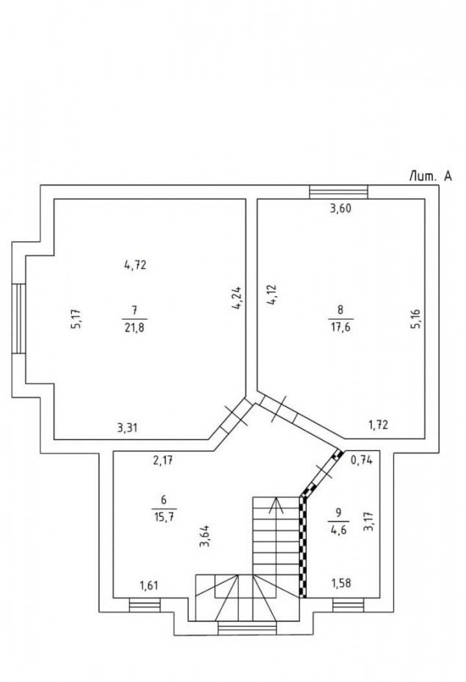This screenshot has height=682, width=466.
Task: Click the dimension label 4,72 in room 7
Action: tap(135, 265)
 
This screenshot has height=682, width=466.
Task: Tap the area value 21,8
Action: tap(135, 327)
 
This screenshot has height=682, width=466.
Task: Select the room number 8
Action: tap(341, 309)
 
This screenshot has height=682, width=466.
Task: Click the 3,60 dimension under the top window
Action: tap(341, 208)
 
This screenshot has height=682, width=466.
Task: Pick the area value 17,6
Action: tap(341, 327)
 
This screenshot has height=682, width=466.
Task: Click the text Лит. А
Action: tap(430, 176)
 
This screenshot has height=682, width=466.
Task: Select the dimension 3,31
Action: tap(127, 428)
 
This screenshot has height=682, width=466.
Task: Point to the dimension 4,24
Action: tap(238, 298)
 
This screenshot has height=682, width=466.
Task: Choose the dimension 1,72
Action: tap(378, 425)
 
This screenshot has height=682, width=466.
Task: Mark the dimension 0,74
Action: tap(362, 461)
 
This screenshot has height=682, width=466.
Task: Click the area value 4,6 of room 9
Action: tap(338, 530)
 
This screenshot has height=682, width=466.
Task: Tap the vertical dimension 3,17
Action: tap(369, 521)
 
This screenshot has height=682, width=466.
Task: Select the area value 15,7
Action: tap(164, 518)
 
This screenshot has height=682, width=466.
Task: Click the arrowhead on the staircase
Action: tap(275, 505)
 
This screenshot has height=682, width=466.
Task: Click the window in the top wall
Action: tap(338, 192)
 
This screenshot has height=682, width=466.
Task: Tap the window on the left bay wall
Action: tap(18, 318)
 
